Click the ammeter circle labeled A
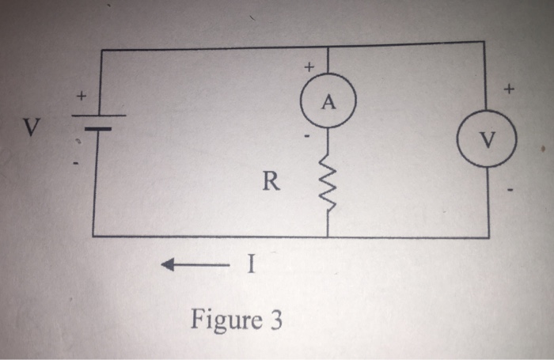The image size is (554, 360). click(328, 103)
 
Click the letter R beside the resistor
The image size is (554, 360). click(271, 184)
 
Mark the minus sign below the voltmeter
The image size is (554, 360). click(511, 191)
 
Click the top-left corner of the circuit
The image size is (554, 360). click(102, 50)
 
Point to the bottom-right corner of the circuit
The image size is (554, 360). click(488, 237)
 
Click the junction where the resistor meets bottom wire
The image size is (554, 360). click(328, 237)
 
